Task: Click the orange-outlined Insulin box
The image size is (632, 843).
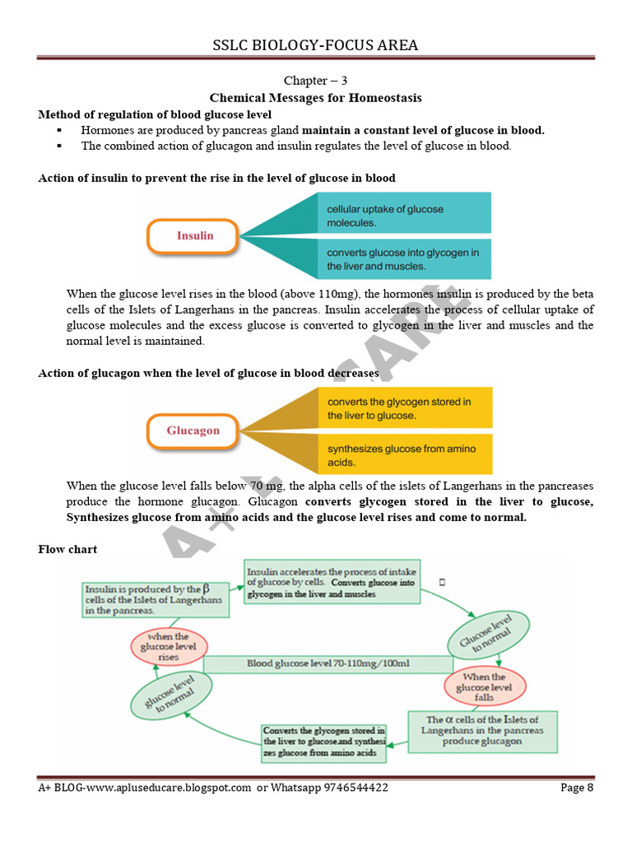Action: click(195, 235)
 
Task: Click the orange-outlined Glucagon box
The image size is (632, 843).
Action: click(193, 431)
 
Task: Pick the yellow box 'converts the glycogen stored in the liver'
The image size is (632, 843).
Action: click(405, 408)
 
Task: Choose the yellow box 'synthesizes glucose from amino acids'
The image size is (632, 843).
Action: click(405, 455)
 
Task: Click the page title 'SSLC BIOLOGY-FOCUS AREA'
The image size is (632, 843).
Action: click(316, 45)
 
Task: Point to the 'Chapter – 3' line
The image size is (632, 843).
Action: click(316, 81)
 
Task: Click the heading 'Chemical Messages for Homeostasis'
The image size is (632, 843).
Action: click(316, 98)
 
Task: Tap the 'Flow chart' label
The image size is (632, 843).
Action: click(67, 549)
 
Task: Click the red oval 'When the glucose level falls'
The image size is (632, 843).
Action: click(485, 687)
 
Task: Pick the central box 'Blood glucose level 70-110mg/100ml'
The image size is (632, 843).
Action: click(328, 664)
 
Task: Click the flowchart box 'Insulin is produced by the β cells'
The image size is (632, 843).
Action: click(154, 600)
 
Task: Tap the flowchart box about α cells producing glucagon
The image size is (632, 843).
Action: click(482, 730)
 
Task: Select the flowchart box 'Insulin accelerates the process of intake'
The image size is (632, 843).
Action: click(332, 581)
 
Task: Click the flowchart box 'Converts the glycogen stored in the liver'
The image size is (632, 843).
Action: click(323, 742)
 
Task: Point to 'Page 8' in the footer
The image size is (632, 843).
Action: click(577, 788)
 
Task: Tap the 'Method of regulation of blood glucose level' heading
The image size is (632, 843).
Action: click(155, 114)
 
